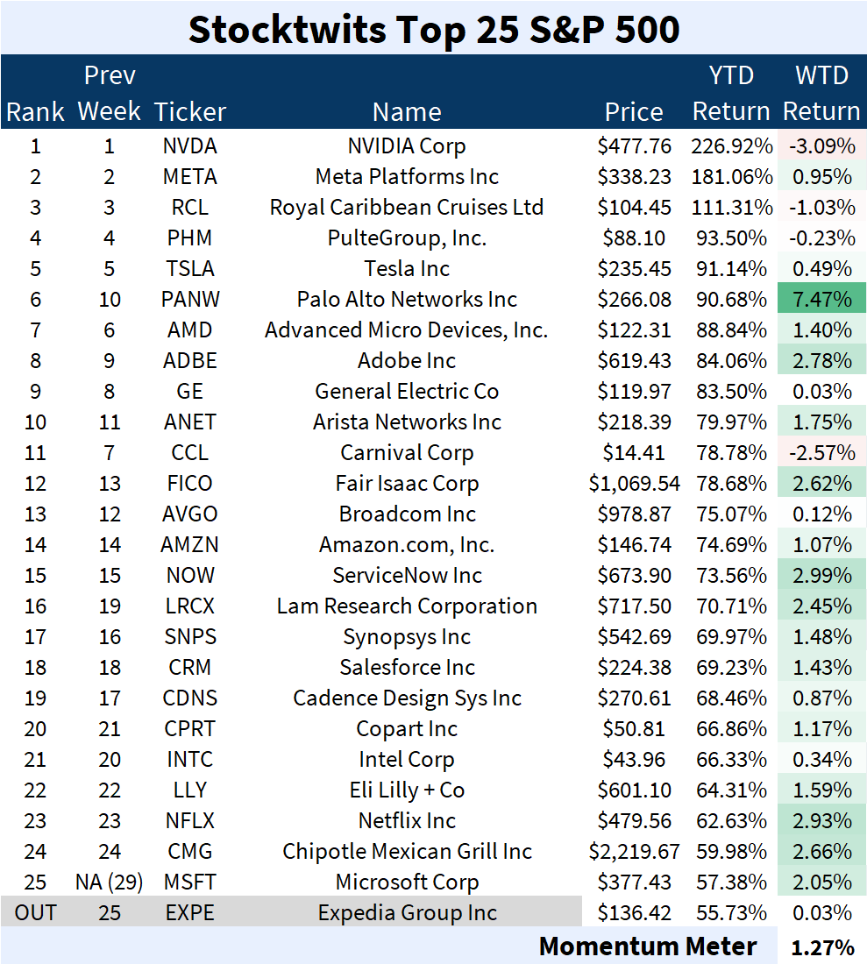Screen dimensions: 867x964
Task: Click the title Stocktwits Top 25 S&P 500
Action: pos(433,29)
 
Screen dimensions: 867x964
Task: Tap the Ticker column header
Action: pos(190,112)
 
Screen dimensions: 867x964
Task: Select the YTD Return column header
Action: pos(731,94)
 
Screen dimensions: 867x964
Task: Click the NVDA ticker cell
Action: pos(190,146)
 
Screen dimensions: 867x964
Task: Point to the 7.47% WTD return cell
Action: pos(822,300)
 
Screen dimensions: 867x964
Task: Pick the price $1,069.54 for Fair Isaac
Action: pos(634,484)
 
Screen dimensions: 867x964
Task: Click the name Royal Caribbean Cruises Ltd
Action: pos(407,208)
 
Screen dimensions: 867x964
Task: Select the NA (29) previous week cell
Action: pos(110,882)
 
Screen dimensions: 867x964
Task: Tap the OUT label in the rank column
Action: pos(36,912)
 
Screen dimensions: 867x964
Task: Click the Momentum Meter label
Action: pos(648,946)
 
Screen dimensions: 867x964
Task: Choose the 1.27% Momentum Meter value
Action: pos(822,947)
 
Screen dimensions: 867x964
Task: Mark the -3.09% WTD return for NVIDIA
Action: pos(822,146)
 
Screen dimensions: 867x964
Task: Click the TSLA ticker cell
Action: pos(190,269)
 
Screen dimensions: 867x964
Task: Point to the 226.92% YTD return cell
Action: pos(732,146)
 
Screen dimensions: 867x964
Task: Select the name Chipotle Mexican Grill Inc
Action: pos(407,852)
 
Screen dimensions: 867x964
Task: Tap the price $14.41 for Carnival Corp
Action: pos(634,453)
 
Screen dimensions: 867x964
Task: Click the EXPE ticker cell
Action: pos(190,912)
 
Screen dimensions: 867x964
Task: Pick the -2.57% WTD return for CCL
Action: pos(822,453)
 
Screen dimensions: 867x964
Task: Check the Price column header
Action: pos(634,112)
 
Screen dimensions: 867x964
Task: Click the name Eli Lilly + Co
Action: pos(407,790)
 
